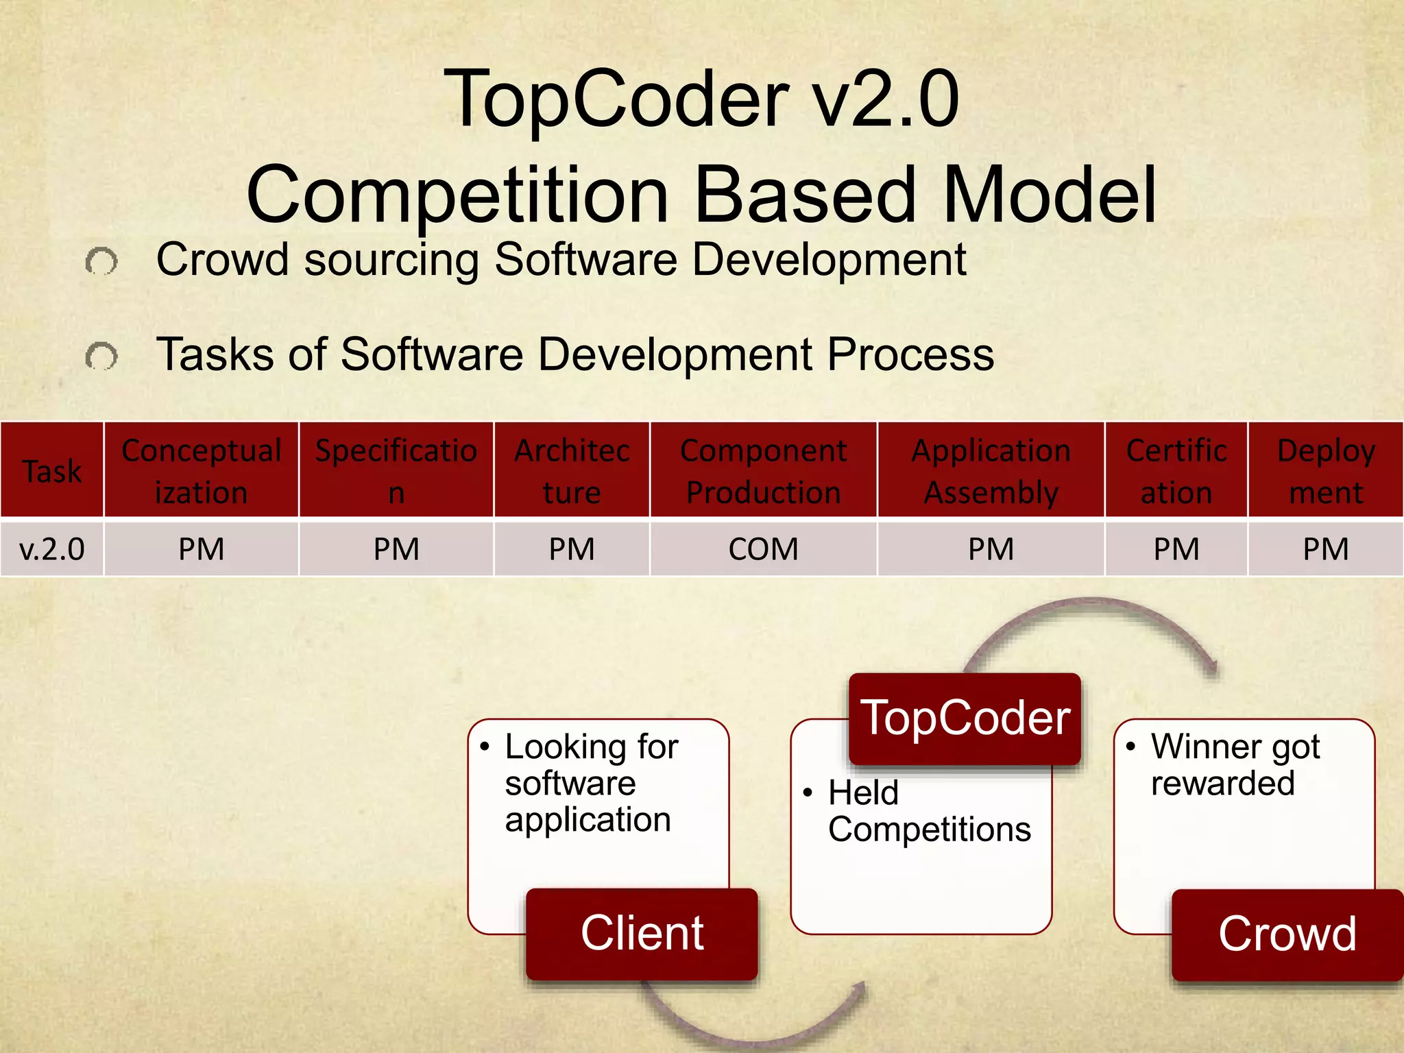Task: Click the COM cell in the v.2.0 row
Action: tap(763, 549)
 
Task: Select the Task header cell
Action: tap(52, 470)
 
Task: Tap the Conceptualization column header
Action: tap(201, 470)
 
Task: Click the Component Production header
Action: tap(763, 470)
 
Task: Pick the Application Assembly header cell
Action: tap(991, 470)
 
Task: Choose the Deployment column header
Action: tap(1325, 470)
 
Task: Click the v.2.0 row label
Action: tap(52, 549)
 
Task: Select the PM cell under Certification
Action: tap(1176, 549)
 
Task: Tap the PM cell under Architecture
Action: tap(571, 549)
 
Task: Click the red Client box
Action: tap(642, 933)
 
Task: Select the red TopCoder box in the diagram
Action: tap(965, 718)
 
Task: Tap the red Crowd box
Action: tap(1287, 934)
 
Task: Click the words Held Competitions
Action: tap(929, 811)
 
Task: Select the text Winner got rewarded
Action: tap(1234, 764)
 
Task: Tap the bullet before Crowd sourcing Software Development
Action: tap(101, 261)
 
